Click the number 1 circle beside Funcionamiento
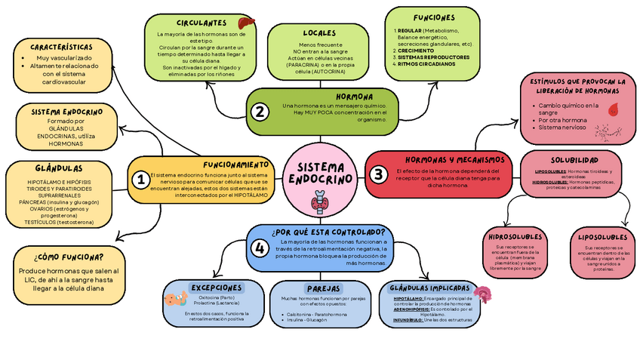pos(140,180)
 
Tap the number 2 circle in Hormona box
pos(260,112)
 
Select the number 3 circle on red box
pos(378,174)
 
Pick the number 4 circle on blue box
pos(260,248)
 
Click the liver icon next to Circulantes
pos(246,24)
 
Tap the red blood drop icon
pos(611,109)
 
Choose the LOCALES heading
pos(319,33)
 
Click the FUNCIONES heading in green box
pos(433,17)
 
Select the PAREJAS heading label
pos(324,288)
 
